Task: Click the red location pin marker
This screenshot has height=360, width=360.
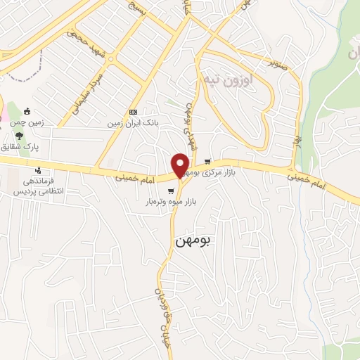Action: pos(181,165)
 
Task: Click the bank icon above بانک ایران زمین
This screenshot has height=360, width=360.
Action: pos(134,112)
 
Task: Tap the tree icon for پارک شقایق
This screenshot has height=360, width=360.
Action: pos(21,136)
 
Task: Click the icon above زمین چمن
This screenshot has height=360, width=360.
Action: pos(27,110)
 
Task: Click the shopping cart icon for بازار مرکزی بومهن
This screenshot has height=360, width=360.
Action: pos(207,161)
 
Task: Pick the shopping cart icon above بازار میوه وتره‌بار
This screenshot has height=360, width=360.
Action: pos(171,190)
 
